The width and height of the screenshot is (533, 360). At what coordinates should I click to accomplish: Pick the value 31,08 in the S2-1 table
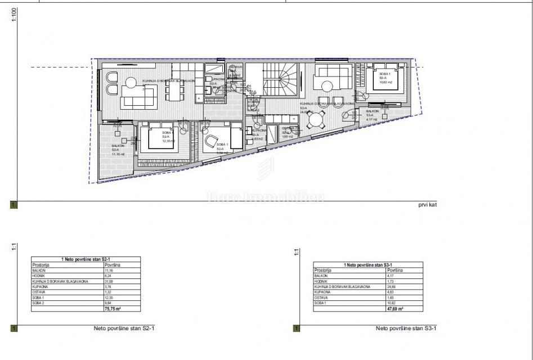[x=109, y=281]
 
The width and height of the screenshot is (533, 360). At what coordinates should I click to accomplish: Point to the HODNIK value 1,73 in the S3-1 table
[x=390, y=281]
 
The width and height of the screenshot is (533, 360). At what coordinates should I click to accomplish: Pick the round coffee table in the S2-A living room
[x=130, y=83]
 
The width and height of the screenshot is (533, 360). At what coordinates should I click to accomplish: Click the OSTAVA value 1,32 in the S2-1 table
[x=108, y=292]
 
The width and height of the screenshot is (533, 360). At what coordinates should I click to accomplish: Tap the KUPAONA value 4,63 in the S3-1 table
[x=390, y=292]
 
